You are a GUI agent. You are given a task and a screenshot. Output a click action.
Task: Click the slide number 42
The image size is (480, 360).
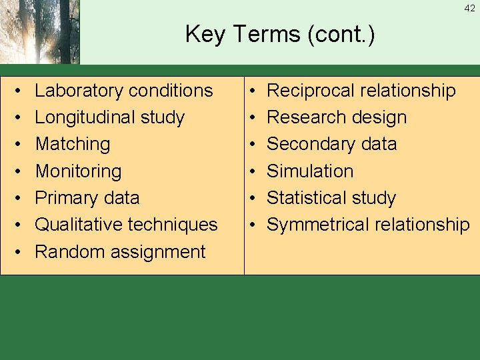coord(470,9)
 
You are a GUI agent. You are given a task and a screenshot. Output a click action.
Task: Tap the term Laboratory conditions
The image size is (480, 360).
coord(124,91)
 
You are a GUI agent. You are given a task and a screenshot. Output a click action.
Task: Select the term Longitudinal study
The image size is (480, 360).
coord(109,117)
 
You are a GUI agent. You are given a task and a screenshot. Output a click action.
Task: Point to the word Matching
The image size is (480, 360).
coord(73,144)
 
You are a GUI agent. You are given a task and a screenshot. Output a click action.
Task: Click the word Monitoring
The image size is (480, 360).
coord(78,171)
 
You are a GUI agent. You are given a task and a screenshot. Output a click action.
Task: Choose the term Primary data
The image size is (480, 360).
coord(87,198)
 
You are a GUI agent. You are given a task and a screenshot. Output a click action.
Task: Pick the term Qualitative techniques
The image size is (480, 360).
coord(126,225)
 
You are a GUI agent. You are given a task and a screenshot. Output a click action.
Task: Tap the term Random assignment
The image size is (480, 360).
coord(120,252)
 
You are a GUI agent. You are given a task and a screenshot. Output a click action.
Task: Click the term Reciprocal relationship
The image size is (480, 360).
coord(361,91)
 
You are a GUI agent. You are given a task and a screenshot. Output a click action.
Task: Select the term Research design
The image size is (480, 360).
coord(337,117)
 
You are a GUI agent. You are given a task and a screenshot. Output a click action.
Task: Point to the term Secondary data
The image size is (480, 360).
coord(332,144)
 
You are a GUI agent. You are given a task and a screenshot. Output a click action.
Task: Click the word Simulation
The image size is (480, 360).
coord(310,171)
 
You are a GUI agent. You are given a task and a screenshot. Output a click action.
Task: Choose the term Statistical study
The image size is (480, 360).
coord(331,198)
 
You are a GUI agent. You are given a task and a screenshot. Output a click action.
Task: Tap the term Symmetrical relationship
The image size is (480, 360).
coord(368,225)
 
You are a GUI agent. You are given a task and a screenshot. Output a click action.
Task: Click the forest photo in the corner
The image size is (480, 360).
coord(39,31)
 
